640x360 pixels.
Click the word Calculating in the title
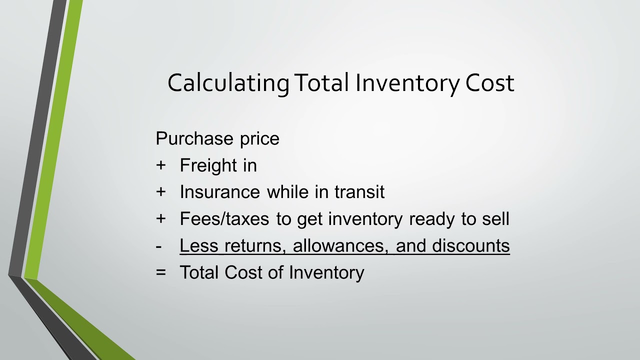(228, 83)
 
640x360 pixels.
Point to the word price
(259, 138)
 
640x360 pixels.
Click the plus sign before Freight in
(160, 165)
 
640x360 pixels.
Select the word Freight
(207, 165)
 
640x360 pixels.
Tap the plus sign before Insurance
(160, 192)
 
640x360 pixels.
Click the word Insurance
(219, 192)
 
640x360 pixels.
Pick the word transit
(360, 192)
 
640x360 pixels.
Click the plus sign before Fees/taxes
(160, 219)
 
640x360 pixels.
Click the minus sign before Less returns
(159, 246)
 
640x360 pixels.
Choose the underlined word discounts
(471, 246)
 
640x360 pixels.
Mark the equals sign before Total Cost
(160, 272)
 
